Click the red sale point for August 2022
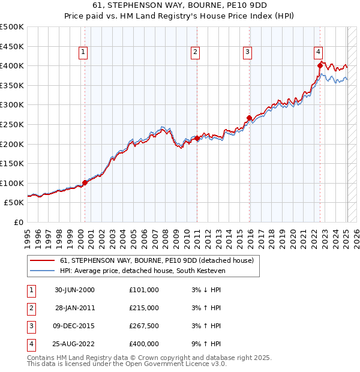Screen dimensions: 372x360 click(320, 65)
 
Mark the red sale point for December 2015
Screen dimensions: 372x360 click(249, 118)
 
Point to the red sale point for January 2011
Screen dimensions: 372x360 click(197, 138)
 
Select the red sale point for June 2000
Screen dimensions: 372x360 click(85, 182)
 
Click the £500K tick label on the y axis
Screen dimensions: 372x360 click(12, 27)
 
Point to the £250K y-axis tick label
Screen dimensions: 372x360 click(12, 124)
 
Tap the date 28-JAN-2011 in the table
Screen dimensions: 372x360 click(75, 308)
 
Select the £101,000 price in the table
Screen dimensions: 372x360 click(144, 290)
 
